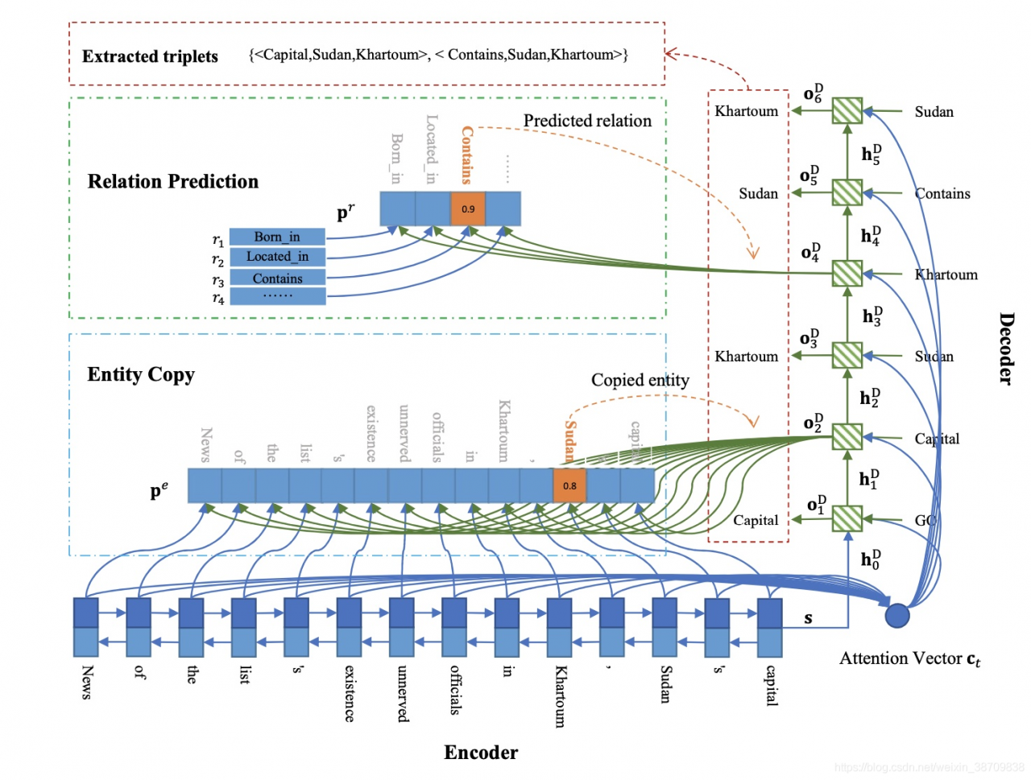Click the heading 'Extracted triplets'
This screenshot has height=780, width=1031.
click(x=150, y=56)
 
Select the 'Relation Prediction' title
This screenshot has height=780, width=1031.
click(x=172, y=181)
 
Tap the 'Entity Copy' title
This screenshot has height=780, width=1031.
click(x=141, y=374)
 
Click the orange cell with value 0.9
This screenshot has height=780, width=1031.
click(x=468, y=208)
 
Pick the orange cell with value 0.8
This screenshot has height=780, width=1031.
click(x=569, y=485)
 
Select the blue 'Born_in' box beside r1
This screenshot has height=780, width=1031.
click(x=277, y=237)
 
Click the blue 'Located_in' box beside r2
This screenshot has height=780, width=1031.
click(x=277, y=257)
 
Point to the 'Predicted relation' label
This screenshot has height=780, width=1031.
click(x=587, y=121)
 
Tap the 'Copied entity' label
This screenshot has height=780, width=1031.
click(x=640, y=380)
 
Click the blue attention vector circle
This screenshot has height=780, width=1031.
click(x=897, y=616)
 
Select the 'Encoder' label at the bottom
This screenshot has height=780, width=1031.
click(x=481, y=753)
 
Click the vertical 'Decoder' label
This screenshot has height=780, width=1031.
click(x=1006, y=348)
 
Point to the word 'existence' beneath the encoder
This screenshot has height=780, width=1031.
click(x=350, y=692)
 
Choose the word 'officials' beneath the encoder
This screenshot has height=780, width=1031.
click(x=455, y=689)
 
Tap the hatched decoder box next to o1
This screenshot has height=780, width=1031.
click(x=847, y=518)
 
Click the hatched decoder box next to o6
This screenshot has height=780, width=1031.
click(x=847, y=110)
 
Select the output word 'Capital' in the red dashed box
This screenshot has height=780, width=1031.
click(x=755, y=520)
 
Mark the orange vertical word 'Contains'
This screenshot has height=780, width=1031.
click(x=466, y=155)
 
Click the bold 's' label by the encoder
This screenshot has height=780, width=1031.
click(x=808, y=618)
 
